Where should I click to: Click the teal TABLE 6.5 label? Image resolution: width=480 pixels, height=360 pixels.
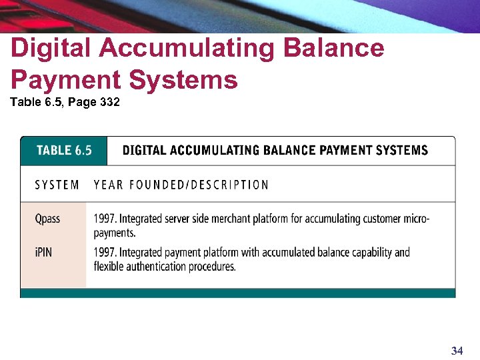coord(64,150)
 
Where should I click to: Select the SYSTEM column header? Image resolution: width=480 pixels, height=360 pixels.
coord(57,185)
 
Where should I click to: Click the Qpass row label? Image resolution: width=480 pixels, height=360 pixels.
coord(47,219)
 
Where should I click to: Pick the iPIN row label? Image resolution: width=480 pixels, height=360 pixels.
coord(45,253)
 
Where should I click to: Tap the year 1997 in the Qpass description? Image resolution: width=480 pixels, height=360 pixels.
coord(105,219)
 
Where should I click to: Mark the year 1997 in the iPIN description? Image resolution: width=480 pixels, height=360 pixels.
coord(105,253)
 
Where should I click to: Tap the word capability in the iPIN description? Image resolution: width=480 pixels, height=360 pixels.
coord(369,253)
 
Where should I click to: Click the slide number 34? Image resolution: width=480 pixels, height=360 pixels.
coord(457,351)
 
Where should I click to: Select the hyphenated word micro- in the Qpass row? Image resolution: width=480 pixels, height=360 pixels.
coord(415,219)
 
